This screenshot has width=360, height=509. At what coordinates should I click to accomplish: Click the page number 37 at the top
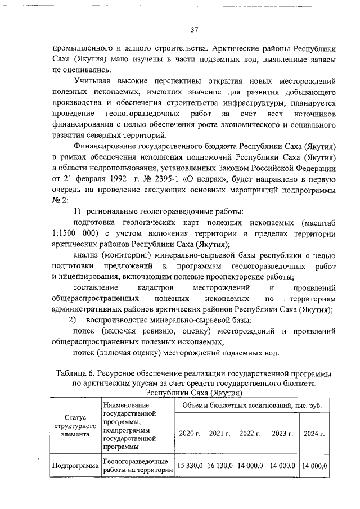[194, 29]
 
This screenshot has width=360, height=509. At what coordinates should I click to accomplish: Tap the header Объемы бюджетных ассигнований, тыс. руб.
[252, 405]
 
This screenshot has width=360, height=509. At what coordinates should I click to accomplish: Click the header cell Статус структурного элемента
[75, 426]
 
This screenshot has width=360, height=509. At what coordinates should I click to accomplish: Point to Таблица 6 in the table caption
[75, 373]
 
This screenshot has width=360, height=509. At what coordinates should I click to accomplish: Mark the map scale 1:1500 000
[76, 234]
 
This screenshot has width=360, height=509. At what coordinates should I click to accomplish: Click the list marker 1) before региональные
[79, 211]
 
